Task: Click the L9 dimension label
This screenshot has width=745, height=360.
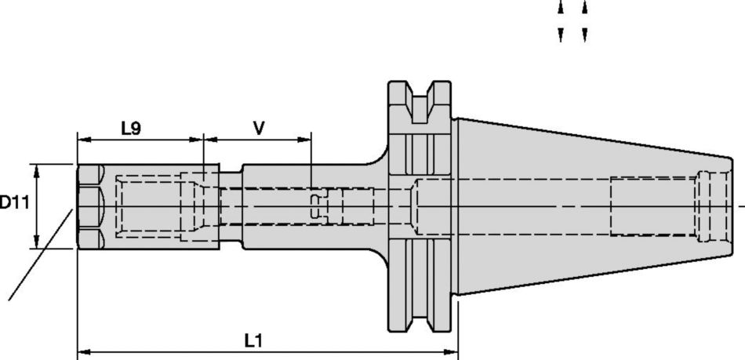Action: [x=131, y=128]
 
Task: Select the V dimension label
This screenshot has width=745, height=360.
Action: [x=258, y=128]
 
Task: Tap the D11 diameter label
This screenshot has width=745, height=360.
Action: [x=13, y=203]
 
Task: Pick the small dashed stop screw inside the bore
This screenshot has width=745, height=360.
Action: [x=315, y=206]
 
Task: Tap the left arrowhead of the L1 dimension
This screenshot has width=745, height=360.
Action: [x=82, y=351]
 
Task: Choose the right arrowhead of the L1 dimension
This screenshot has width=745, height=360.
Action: [x=452, y=351]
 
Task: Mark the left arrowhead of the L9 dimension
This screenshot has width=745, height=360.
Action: [x=82, y=140]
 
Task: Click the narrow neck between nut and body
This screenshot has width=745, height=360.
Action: [x=230, y=206]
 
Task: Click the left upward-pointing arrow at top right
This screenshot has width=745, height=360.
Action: [x=561, y=8]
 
